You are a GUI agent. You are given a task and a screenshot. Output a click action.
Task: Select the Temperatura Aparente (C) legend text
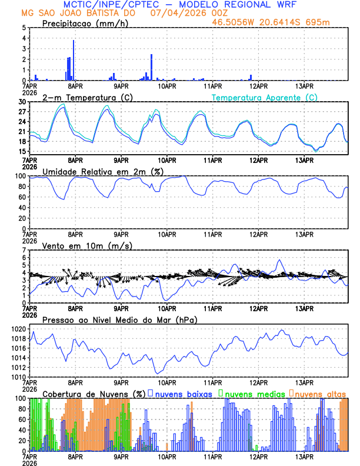coord(264,97)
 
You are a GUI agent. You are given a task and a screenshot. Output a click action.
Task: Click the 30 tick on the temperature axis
coord(22,102)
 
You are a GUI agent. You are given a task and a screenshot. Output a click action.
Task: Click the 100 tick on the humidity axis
coord(20,176)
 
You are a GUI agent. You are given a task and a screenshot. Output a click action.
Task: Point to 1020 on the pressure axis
coord(17,329)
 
